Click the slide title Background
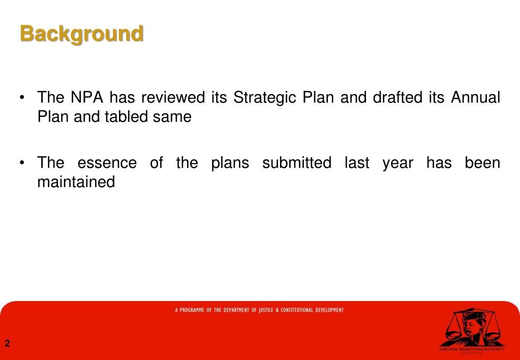81,34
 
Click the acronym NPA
87,97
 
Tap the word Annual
475,97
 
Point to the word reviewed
173,97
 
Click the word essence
107,163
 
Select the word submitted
296,163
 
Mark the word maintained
76,182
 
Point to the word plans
230,164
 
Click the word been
482,163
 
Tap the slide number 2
7,344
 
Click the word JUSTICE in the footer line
266,310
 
